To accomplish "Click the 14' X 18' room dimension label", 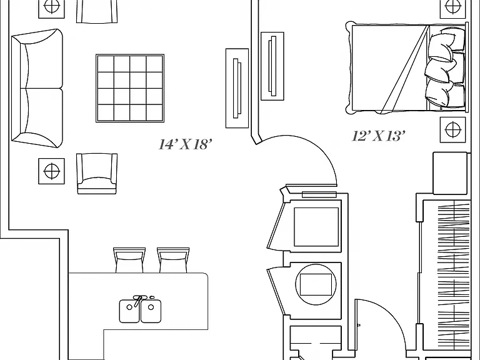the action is pos(185,144).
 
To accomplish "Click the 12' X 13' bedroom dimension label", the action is pos(379,136).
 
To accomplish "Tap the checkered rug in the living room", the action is pos(130,89).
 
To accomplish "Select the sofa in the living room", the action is pos(37,89).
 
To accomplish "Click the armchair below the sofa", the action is pos(97,174).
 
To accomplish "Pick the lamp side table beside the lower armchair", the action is pos(51,171).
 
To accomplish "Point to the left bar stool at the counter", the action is pos(129,260).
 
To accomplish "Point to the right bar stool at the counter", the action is pos(173,260).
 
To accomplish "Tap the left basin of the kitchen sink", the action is pos(129,311).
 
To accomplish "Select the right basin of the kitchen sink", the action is pos(151,311).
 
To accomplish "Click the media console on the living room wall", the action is pos(237,88).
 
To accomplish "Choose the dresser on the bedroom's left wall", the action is pos(272,66).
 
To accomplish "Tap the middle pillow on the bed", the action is pos(440,70).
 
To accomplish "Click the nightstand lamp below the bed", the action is pos(453,129).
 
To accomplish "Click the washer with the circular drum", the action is pos(316,284).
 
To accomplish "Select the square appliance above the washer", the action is pos(316,226).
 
